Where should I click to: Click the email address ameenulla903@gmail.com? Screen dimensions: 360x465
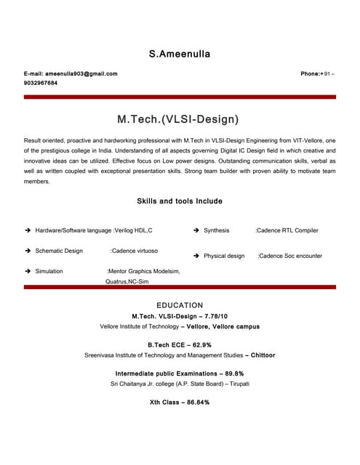81,74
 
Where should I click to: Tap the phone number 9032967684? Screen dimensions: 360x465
41,83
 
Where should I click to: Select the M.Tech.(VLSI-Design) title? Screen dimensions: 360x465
178,118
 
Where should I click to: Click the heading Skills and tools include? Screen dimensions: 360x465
180,201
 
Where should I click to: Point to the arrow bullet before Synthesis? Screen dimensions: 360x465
196,230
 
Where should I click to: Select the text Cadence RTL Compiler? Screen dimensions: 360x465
288,230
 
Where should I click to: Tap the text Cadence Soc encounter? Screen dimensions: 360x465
291,256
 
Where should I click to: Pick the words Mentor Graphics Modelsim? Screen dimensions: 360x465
144,271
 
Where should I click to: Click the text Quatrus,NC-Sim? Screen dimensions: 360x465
127,280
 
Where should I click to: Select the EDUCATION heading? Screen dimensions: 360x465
180,305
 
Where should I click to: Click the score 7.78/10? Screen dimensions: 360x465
217,316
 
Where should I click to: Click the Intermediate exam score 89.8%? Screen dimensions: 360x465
231,373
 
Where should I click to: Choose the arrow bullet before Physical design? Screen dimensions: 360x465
196,256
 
